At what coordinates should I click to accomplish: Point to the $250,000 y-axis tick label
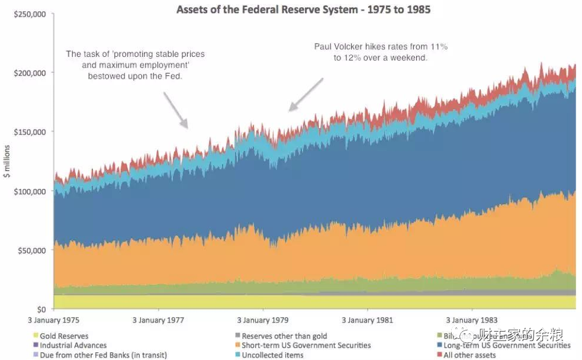coord(30,14)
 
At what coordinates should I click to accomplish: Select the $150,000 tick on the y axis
coord(30,132)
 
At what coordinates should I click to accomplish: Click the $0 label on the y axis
coord(41,310)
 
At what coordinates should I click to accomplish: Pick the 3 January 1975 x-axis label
coord(53,320)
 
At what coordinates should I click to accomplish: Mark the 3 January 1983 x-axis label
coord(472,320)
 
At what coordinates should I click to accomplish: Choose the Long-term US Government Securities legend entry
coord(507,345)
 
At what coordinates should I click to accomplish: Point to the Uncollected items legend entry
coord(272,355)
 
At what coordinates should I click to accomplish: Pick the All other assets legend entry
coord(470,355)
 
